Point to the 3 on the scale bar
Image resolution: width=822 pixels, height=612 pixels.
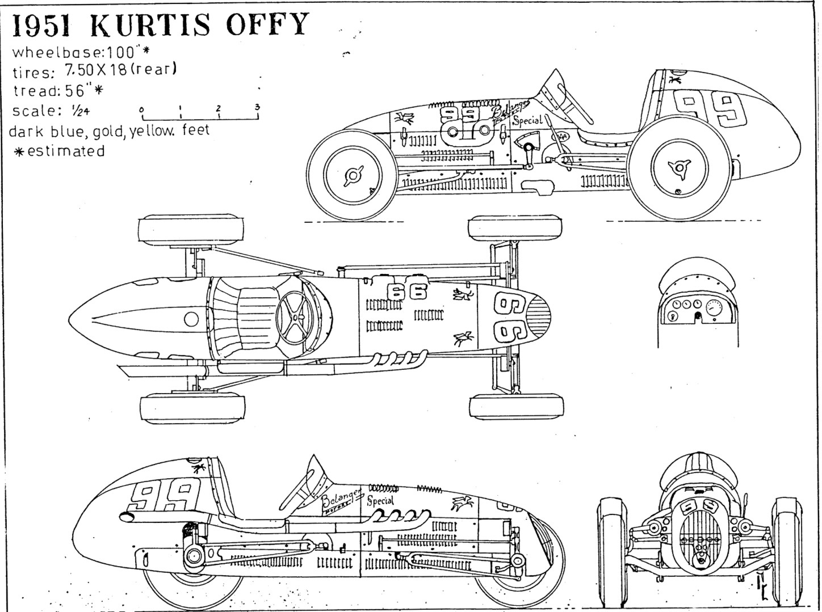(x=257, y=107)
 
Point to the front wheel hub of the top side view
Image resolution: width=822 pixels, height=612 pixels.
(x=353, y=176)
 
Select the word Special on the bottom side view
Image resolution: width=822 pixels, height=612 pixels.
(x=380, y=501)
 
